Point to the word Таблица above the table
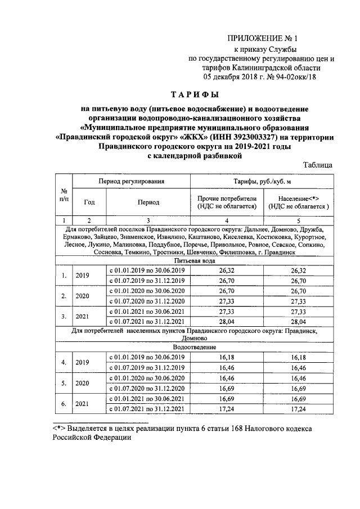(319, 165)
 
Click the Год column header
(89, 201)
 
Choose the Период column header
(147, 201)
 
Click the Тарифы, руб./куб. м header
(262, 182)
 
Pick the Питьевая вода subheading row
(193, 261)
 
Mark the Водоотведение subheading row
(193, 349)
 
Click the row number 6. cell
(65, 403)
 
